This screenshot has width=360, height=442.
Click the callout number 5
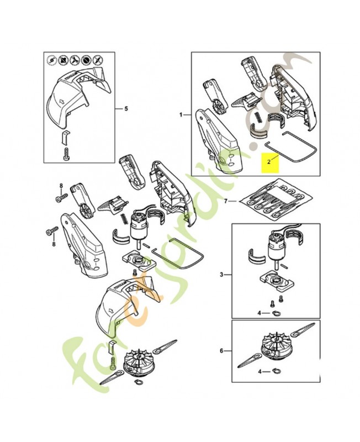tap(126, 108)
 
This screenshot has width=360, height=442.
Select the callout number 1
tap(182, 114)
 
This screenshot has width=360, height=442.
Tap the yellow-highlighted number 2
tap(269, 162)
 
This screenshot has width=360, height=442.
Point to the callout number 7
tap(226, 201)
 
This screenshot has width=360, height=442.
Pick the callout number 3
tap(221, 274)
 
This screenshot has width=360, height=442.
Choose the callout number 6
tap(221, 351)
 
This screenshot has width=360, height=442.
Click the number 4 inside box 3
tap(259, 313)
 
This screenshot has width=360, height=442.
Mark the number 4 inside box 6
tap(259, 372)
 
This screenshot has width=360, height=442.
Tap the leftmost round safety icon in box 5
tap(51, 60)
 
